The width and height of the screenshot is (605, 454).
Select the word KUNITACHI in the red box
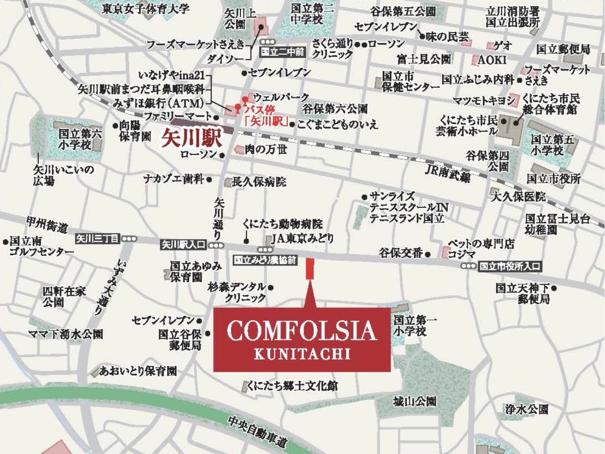301,354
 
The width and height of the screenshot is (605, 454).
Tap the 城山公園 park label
414,402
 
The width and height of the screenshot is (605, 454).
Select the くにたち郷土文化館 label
292,386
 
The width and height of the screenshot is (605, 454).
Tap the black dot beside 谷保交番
428,254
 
